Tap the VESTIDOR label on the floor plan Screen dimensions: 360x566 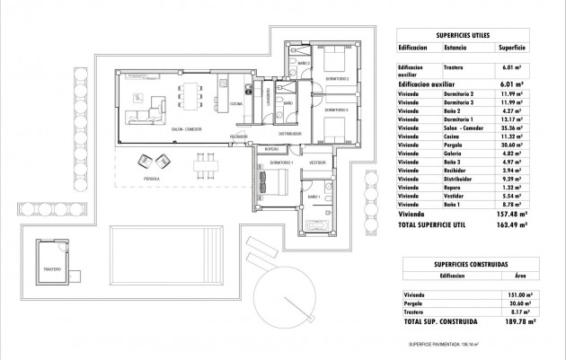pyautogui.click(x=316, y=162)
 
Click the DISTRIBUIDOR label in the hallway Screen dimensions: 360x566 pyautogui.click(x=289, y=133)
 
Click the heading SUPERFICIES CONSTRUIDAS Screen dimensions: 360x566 pyautogui.click(x=467, y=265)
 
